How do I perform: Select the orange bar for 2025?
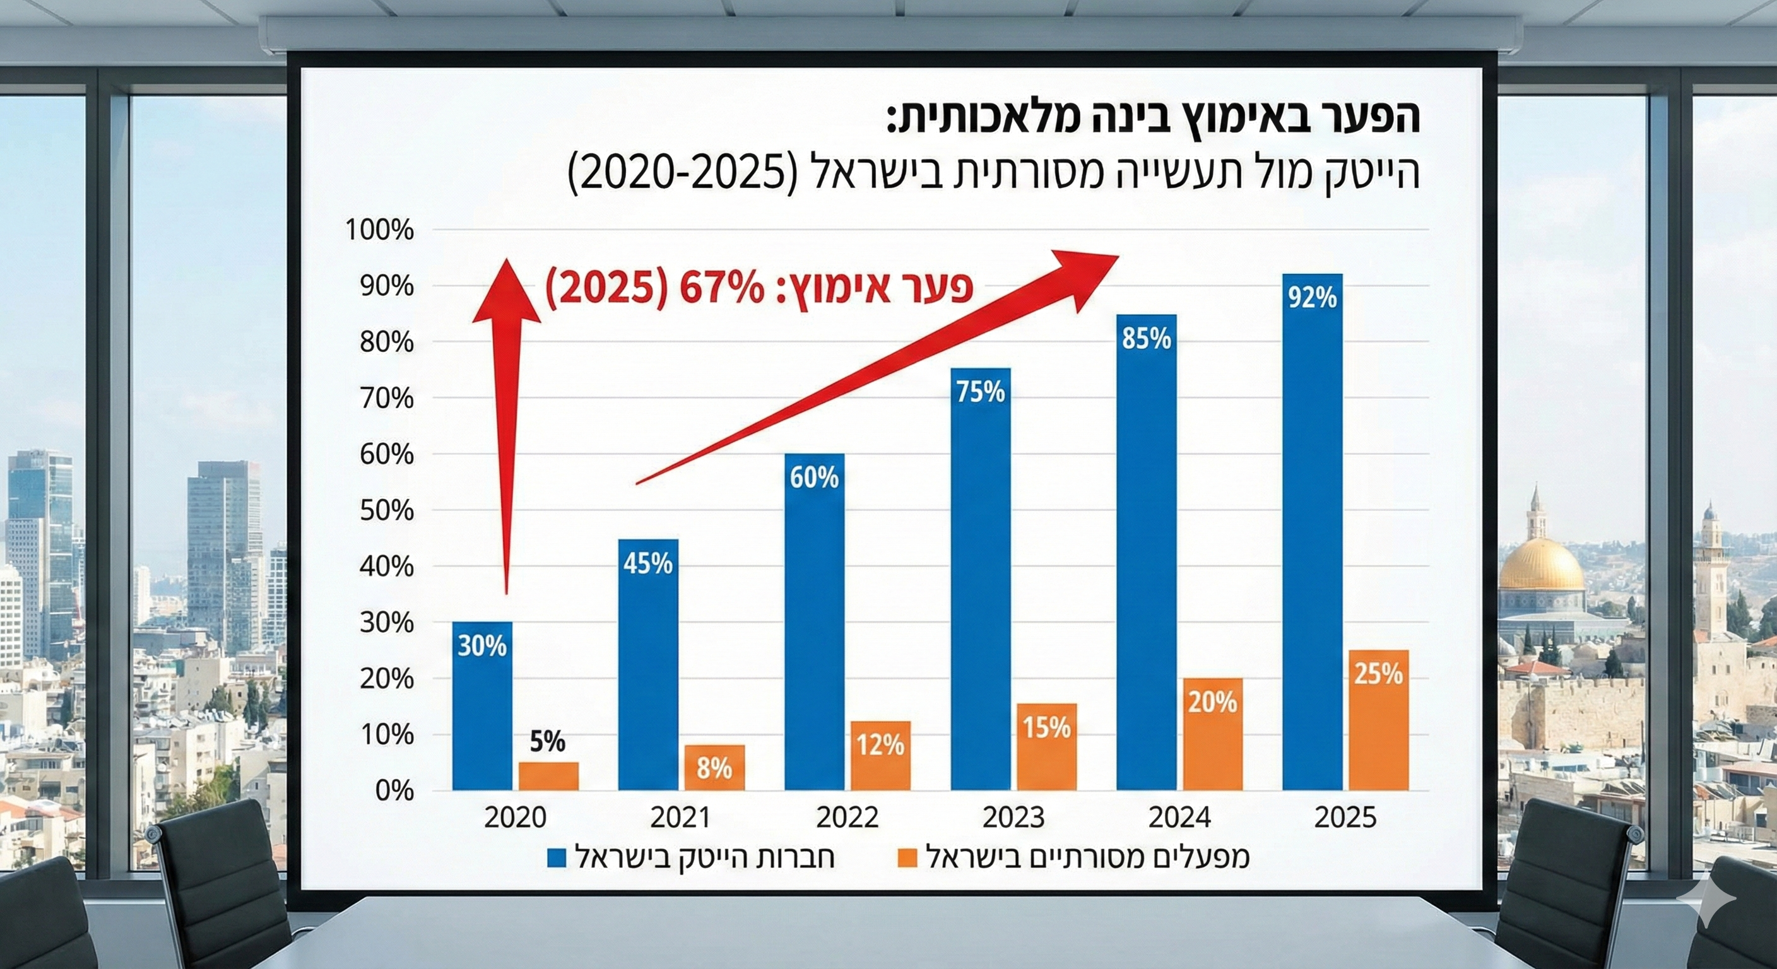click(x=1378, y=731)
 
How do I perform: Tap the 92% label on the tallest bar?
click(x=1312, y=297)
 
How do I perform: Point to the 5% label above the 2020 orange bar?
click(x=548, y=741)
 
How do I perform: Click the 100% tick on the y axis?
click(x=379, y=230)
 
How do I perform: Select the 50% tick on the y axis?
click(x=386, y=511)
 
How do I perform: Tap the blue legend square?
click(x=556, y=858)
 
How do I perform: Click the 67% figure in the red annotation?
click(x=721, y=288)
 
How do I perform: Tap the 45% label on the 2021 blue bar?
click(x=647, y=563)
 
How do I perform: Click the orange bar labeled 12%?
click(x=881, y=757)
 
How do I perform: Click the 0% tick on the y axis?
click(x=394, y=791)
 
